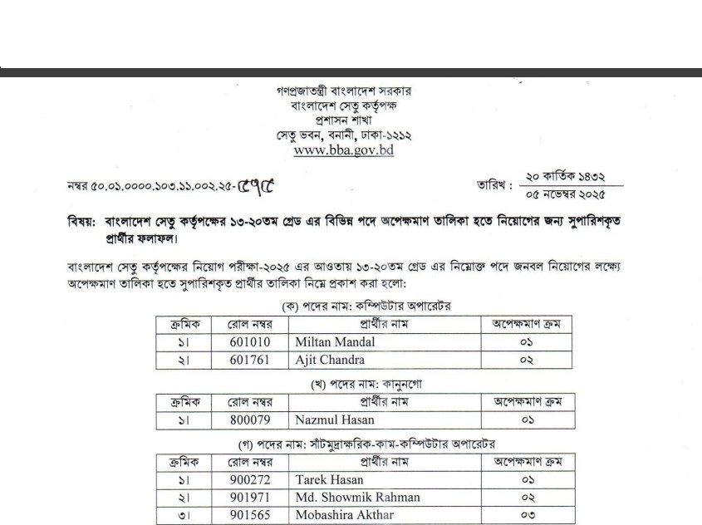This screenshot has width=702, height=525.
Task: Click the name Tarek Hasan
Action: (329, 479)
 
